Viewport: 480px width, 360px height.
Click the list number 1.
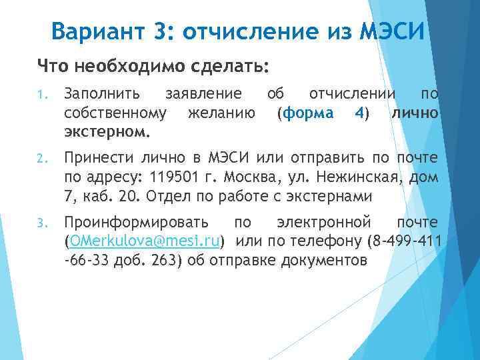[x=41, y=96]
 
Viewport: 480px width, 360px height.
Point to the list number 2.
[x=41, y=159]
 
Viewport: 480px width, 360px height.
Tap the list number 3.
[x=41, y=221]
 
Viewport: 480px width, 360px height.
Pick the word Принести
[x=98, y=158]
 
